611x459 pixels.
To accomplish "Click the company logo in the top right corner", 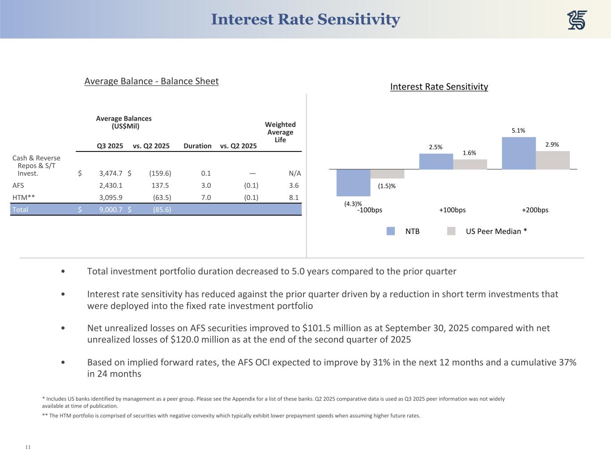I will pos(577,20).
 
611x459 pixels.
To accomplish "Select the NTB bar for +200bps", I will pos(519,153).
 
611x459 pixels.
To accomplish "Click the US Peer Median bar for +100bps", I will pos(470,164).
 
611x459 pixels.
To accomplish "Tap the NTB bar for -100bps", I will pos(353,182).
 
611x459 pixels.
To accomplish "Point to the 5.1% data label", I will pos(518,130).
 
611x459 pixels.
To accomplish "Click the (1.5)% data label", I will pos(387,186).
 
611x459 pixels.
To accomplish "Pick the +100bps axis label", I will pos(452,210).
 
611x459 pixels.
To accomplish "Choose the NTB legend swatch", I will pos(391,231).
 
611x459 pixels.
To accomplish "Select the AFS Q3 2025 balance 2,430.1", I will pos(111,185).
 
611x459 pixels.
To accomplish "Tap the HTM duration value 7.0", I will pos(206,197).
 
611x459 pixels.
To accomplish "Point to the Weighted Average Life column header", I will pos(280,132).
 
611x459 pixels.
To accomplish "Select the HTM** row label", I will pos(23,197).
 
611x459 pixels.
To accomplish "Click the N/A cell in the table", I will pos(295,173).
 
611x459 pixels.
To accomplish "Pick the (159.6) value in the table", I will pos(160,173).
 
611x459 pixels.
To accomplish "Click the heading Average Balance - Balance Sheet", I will pos(151,81).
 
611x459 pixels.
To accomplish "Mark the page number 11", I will pos(28,447).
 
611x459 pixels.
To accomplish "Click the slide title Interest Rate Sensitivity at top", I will pos(305,19).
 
